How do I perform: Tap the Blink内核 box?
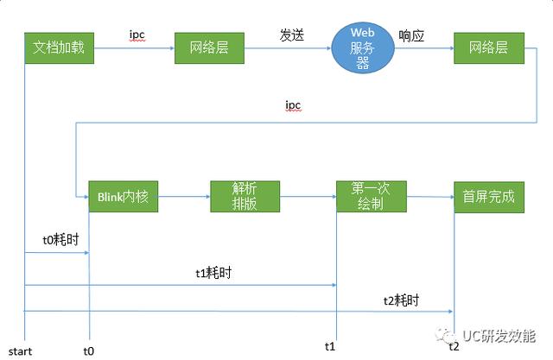123,197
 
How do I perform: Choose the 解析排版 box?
245,197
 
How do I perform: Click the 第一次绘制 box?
371,197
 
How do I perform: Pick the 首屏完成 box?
488,197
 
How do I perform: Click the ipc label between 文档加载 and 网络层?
137,35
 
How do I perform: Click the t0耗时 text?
60,239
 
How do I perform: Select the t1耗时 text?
213,273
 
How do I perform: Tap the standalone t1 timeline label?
329,346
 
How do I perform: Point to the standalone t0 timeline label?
88,351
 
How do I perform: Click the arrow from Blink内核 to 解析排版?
183,198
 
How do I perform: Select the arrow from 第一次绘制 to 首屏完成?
430,198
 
